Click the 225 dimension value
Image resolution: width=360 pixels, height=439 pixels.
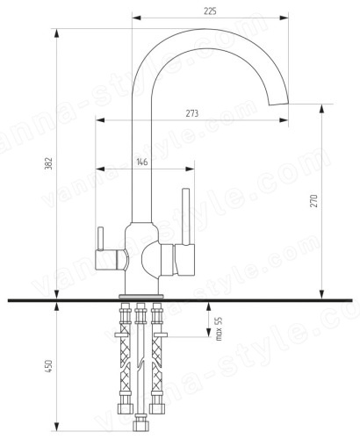[210, 11]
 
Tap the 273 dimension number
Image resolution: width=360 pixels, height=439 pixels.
[192, 113]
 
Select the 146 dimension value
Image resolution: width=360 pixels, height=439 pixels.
[142, 162]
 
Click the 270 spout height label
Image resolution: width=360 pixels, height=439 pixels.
[313, 201]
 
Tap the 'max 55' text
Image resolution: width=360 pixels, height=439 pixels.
[219, 328]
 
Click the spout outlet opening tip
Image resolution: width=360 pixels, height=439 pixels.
[279, 104]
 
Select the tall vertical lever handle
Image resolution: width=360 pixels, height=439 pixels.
[186, 216]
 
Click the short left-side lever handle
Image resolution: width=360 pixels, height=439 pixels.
[100, 239]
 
